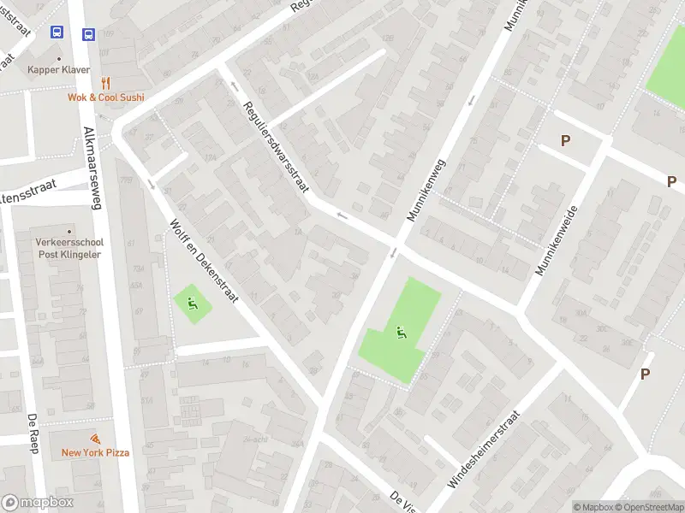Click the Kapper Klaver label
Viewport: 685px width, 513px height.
(58, 69)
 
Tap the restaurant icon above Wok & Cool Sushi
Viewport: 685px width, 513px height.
(105, 83)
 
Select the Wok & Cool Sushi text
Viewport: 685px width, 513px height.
(106, 97)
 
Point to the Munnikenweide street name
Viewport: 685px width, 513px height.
(557, 240)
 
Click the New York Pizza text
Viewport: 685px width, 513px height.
(95, 452)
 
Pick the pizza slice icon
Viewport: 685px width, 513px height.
(95, 439)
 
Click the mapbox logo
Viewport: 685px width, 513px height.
(38, 502)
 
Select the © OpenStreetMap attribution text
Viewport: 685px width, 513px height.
(649, 507)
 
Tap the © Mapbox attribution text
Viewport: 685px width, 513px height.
(593, 507)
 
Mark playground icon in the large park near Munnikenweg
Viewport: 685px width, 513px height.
(400, 332)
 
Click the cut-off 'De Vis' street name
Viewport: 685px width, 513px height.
(403, 501)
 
